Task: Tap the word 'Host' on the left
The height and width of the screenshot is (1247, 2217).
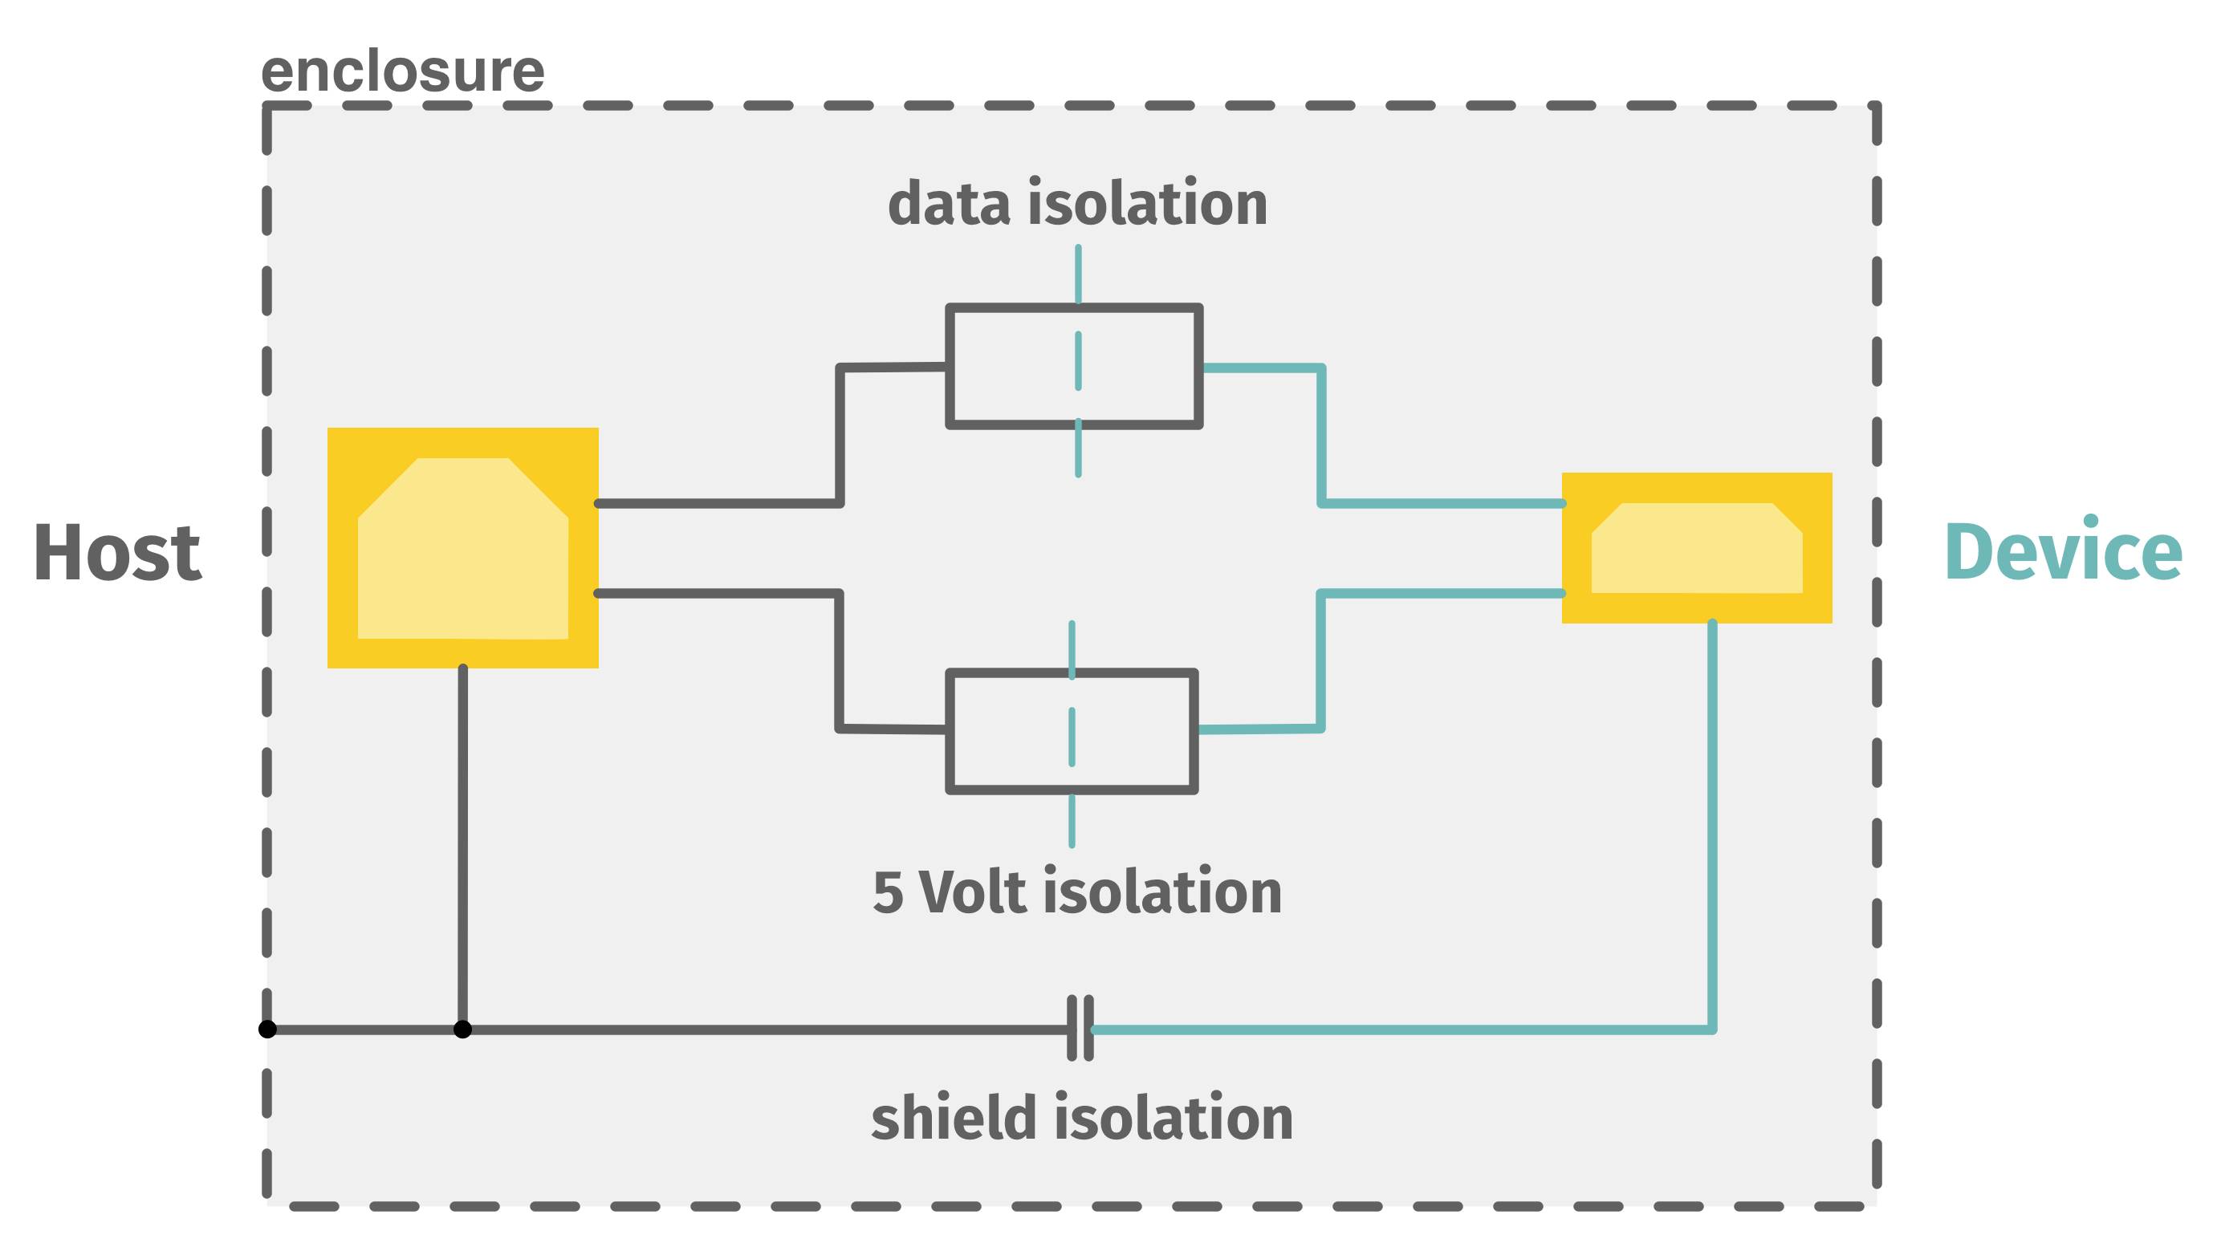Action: (x=117, y=553)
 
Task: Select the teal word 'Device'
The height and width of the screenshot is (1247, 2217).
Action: (x=2063, y=550)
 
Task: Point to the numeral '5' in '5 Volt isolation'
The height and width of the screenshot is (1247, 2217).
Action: (x=887, y=892)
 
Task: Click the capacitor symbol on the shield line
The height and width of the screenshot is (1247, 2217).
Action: (x=1080, y=1029)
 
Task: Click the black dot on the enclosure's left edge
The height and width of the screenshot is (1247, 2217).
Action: (x=267, y=1029)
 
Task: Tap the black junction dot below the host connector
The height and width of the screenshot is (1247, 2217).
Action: (x=463, y=1029)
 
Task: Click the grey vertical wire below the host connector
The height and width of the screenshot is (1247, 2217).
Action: (x=463, y=843)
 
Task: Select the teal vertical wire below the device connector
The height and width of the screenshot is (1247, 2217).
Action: (x=1712, y=818)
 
